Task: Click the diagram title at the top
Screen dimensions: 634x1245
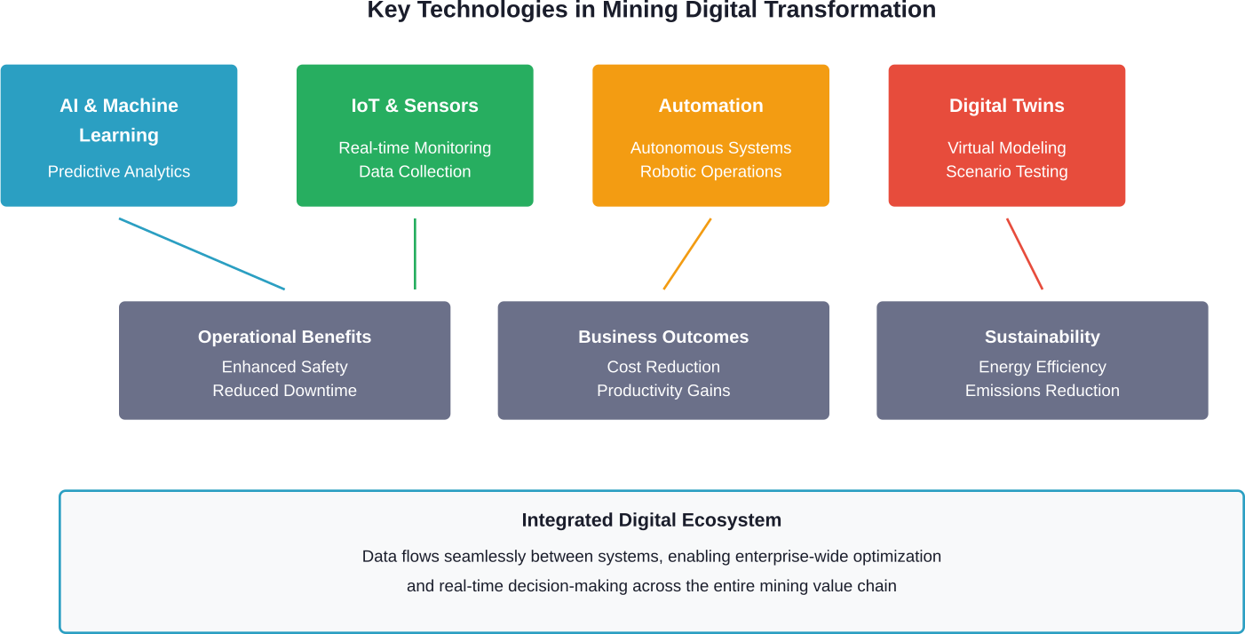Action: coord(651,10)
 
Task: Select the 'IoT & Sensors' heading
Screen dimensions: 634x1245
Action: coord(415,106)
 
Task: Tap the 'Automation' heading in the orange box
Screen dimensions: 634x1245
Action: coord(710,106)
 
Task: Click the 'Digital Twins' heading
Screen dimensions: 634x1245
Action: coord(1006,106)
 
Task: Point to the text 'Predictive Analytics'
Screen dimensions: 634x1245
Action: coord(119,171)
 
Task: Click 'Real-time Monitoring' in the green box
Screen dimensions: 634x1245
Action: coord(415,148)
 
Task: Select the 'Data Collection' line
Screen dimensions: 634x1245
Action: coord(415,171)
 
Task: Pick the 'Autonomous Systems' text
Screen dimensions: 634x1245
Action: coord(710,148)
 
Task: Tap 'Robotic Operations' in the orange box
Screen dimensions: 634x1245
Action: coord(710,171)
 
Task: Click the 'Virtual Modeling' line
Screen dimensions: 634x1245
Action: coord(1006,148)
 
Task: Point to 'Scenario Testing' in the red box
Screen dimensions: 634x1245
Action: coord(1006,171)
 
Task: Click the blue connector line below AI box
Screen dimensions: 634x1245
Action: coord(202,254)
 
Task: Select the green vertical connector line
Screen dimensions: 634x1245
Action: coord(415,254)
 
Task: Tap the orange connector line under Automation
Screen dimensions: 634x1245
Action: coord(687,254)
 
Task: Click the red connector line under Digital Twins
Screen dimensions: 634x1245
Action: coord(1024,254)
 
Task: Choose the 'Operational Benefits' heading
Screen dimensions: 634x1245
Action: coord(284,337)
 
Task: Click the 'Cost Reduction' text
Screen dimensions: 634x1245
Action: coord(663,367)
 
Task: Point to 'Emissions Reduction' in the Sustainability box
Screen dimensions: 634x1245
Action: coord(1042,391)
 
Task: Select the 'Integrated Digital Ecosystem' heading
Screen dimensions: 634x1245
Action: coord(651,520)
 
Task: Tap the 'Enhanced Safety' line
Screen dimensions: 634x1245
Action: coord(284,367)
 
